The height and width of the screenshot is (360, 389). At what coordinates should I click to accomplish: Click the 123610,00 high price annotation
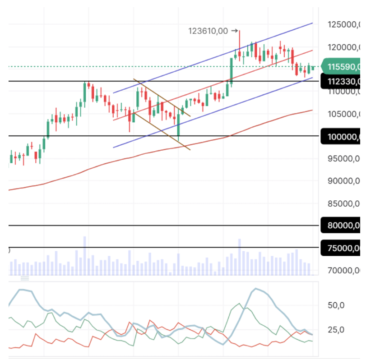pyautogui.click(x=208, y=31)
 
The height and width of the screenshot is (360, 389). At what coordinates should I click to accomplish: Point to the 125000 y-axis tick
pyautogui.click(x=343, y=24)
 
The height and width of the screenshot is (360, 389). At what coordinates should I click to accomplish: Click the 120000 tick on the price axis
pyautogui.click(x=343, y=47)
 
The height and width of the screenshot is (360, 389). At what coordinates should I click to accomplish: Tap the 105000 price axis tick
pyautogui.click(x=343, y=114)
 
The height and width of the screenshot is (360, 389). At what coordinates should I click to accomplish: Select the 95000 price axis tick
pyautogui.click(x=343, y=158)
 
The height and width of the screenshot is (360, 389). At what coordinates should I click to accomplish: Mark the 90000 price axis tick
pyautogui.click(x=343, y=181)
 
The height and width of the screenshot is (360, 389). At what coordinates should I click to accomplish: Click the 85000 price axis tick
pyautogui.click(x=343, y=203)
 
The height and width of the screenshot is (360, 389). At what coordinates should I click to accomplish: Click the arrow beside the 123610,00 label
pyautogui.click(x=234, y=31)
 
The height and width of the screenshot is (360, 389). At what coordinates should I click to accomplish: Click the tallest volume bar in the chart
pyautogui.click(x=84, y=255)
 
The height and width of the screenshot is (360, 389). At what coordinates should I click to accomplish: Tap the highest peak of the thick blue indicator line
pyautogui.click(x=255, y=289)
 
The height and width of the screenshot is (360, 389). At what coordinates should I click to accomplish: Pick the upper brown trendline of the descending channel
pyautogui.click(x=162, y=98)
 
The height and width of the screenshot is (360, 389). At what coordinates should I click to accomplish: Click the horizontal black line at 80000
pyautogui.click(x=162, y=225)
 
